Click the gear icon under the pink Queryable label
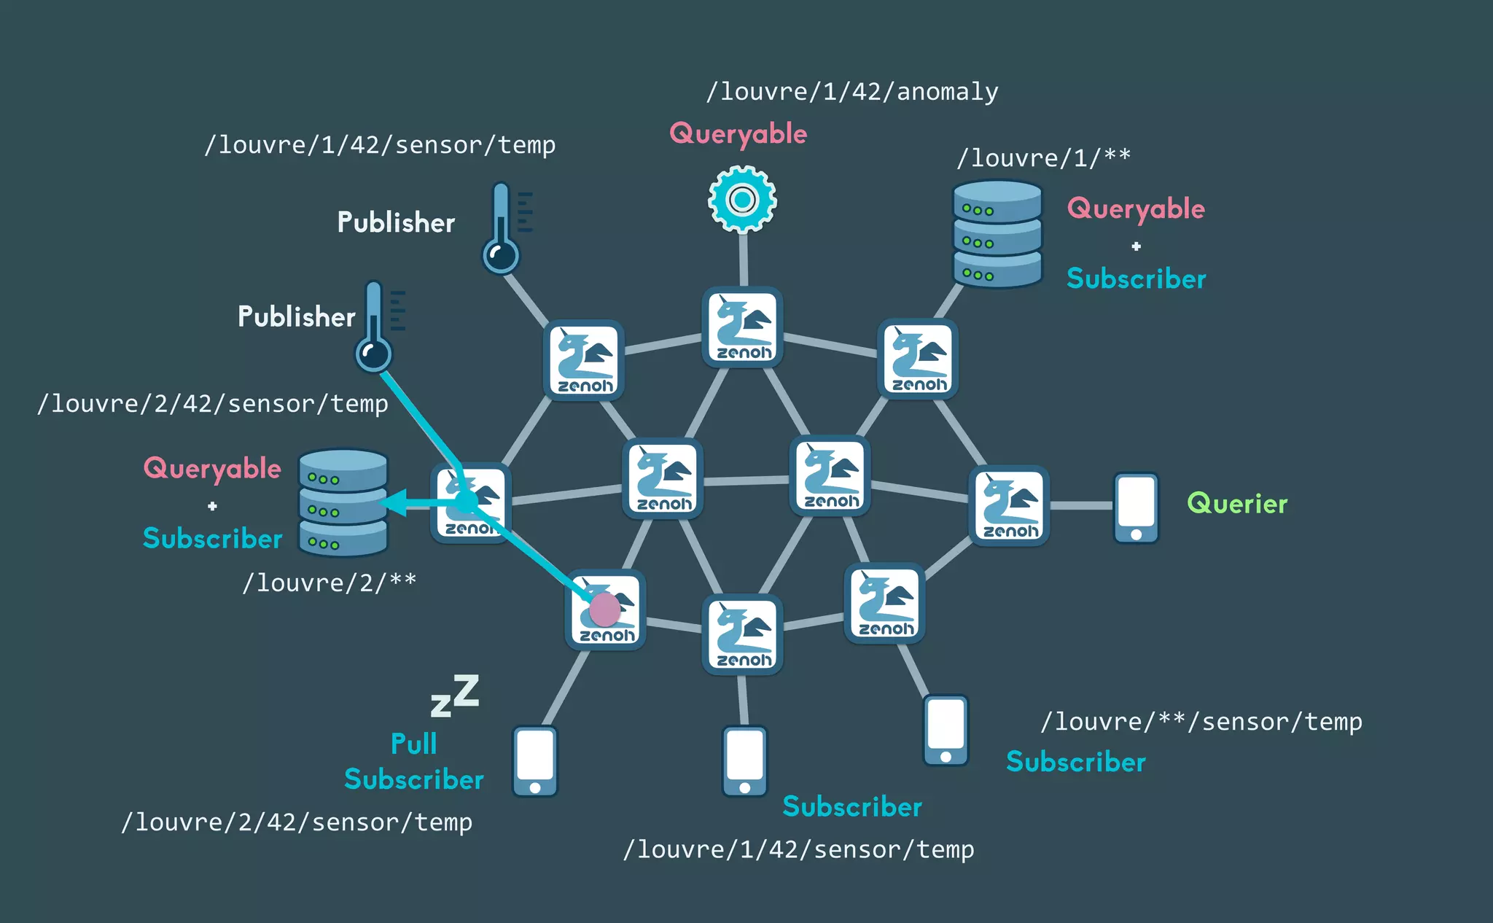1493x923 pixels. coord(742,199)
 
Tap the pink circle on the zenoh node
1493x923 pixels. coord(604,609)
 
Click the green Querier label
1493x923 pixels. coord(1237,504)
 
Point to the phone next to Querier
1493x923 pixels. coord(1136,507)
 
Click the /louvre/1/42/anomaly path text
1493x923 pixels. coord(852,92)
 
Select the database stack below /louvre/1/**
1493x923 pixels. coord(997,234)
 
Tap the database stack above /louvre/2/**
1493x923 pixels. coord(343,502)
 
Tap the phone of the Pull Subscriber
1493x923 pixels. coord(535,761)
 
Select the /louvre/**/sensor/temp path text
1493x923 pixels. coord(1201,722)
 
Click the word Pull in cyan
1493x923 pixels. coord(413,744)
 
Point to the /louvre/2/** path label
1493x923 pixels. coord(330,583)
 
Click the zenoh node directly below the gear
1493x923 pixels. coord(742,327)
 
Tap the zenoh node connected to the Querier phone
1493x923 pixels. coord(1009,505)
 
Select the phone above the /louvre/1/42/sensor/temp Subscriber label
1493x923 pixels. coord(744,761)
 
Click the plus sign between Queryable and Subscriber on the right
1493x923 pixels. coord(1136,246)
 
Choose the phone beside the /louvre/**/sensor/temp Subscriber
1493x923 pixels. coord(946,730)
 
